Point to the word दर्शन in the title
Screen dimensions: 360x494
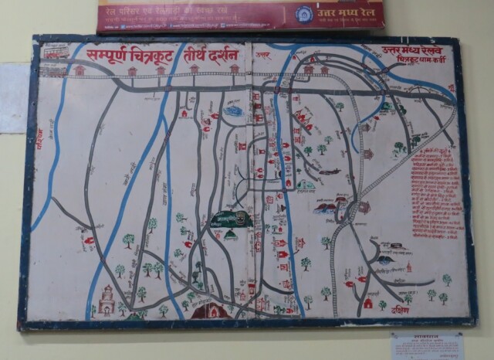[x=229, y=54]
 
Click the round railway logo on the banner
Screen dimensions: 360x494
[x=305, y=14]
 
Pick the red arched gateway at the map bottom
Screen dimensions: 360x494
[x=210, y=311]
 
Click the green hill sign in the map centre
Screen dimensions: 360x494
[x=232, y=219]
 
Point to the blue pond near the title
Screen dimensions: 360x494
[x=232, y=111]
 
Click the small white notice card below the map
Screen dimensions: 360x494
[x=426, y=345]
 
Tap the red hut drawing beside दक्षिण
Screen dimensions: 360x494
[x=368, y=304]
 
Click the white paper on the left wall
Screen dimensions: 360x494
[x=13, y=97]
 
